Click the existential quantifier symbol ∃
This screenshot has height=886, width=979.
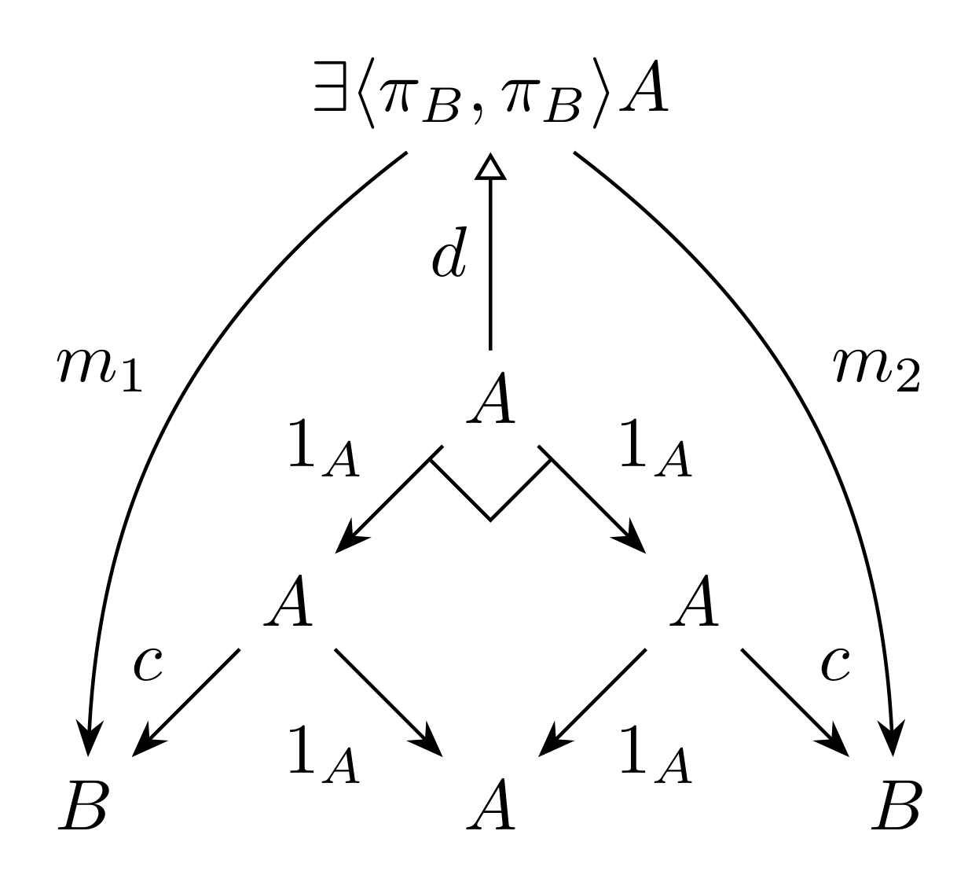click(x=330, y=86)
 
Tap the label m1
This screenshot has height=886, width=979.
click(x=100, y=369)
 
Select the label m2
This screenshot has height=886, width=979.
click(x=876, y=369)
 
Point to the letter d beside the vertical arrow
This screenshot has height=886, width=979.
click(x=449, y=252)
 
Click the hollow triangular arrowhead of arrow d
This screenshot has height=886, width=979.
click(x=490, y=167)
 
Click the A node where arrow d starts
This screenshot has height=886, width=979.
click(x=490, y=398)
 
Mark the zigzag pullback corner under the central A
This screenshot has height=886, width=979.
click(x=490, y=520)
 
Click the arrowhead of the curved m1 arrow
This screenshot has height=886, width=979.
click(x=89, y=737)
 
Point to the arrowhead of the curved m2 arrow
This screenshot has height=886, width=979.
click(x=893, y=737)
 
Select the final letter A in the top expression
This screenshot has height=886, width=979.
click(x=643, y=86)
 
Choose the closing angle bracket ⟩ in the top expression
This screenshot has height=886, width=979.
click(x=602, y=93)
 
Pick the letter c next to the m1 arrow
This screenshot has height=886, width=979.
click(x=148, y=665)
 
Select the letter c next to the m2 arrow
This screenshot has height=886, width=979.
click(x=835, y=665)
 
